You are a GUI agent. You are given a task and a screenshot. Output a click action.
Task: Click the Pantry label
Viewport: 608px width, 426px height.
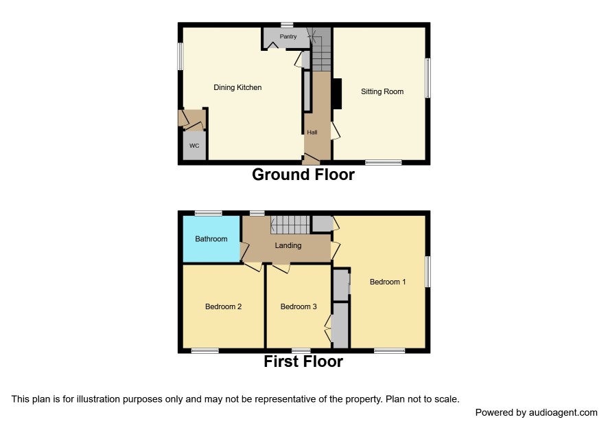pyautogui.click(x=288, y=36)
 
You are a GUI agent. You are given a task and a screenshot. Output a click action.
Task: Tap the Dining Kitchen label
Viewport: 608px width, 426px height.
pyautogui.click(x=237, y=87)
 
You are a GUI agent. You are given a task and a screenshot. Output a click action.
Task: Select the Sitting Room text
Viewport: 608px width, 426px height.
pyautogui.click(x=382, y=91)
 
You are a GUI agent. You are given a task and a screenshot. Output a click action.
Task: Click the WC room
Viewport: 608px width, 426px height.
pyautogui.click(x=194, y=146)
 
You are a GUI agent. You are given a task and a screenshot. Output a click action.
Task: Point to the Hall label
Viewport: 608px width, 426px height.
pyautogui.click(x=312, y=133)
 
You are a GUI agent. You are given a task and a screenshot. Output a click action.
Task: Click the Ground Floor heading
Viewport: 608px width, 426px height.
pyautogui.click(x=303, y=175)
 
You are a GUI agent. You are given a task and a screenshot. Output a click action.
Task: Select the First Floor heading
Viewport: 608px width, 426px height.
pyautogui.click(x=303, y=361)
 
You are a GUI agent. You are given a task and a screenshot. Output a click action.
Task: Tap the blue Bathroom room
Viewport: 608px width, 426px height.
pyautogui.click(x=211, y=239)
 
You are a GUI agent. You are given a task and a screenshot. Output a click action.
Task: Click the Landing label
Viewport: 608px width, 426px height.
pyautogui.click(x=288, y=245)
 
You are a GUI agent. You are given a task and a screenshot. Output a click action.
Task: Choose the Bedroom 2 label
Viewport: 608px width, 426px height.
pyautogui.click(x=223, y=306)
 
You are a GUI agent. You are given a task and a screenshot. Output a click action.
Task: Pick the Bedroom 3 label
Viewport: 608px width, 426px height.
pyautogui.click(x=299, y=306)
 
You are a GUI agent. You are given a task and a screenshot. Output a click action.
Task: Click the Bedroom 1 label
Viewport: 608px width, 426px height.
pyautogui.click(x=388, y=282)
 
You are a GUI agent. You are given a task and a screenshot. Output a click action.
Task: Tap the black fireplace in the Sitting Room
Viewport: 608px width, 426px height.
pyautogui.click(x=337, y=93)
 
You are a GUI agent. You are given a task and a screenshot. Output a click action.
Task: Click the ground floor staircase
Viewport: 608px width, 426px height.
pyautogui.click(x=321, y=49)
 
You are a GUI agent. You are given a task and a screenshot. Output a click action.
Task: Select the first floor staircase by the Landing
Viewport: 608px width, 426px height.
pyautogui.click(x=290, y=225)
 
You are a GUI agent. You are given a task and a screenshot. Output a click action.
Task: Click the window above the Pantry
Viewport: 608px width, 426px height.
pyautogui.click(x=288, y=25)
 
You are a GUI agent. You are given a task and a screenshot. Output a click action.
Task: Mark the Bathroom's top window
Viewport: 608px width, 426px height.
pyautogui.click(x=208, y=213)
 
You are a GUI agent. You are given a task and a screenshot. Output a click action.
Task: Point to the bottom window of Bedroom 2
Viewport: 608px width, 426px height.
pyautogui.click(x=205, y=351)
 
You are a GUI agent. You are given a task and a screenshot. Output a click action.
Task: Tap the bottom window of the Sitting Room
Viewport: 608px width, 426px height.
pyautogui.click(x=384, y=162)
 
